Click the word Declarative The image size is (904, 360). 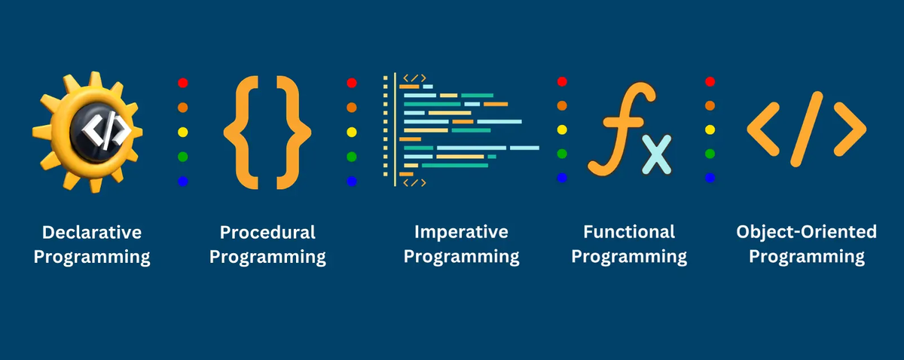[92, 233]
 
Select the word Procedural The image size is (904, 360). [267, 233]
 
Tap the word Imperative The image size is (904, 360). [461, 233]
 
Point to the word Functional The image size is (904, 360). [629, 232]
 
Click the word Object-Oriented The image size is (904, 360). [806, 233]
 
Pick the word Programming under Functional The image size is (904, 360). [629, 257]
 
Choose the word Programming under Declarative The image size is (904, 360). [92, 258]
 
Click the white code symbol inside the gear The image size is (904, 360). [105, 131]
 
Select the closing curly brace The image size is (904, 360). [294, 133]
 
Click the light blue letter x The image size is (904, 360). [657, 154]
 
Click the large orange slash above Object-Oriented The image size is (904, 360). [806, 129]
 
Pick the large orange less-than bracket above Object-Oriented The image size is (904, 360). [762, 129]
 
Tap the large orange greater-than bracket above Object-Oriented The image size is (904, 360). [850, 129]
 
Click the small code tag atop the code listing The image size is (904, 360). [414, 78]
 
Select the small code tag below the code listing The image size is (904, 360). [414, 183]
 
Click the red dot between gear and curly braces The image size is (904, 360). [183, 83]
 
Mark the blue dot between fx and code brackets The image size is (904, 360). [710, 178]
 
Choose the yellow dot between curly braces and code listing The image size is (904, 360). [352, 132]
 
